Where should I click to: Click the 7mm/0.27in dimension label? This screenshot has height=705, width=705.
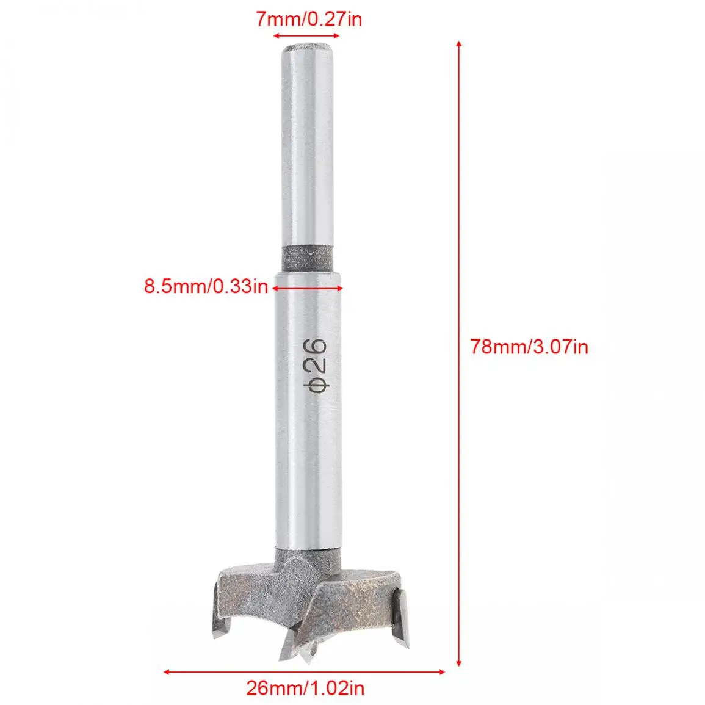click(309, 20)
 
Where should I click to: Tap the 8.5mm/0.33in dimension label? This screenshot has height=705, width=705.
click(206, 286)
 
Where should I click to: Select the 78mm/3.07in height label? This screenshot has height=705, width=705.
click(529, 347)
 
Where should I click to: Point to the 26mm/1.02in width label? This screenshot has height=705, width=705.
click(305, 688)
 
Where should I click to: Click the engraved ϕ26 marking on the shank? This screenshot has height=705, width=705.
click(317, 365)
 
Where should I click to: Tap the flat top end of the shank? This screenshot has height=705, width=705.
click(308, 47)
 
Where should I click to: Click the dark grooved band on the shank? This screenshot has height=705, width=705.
click(308, 259)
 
